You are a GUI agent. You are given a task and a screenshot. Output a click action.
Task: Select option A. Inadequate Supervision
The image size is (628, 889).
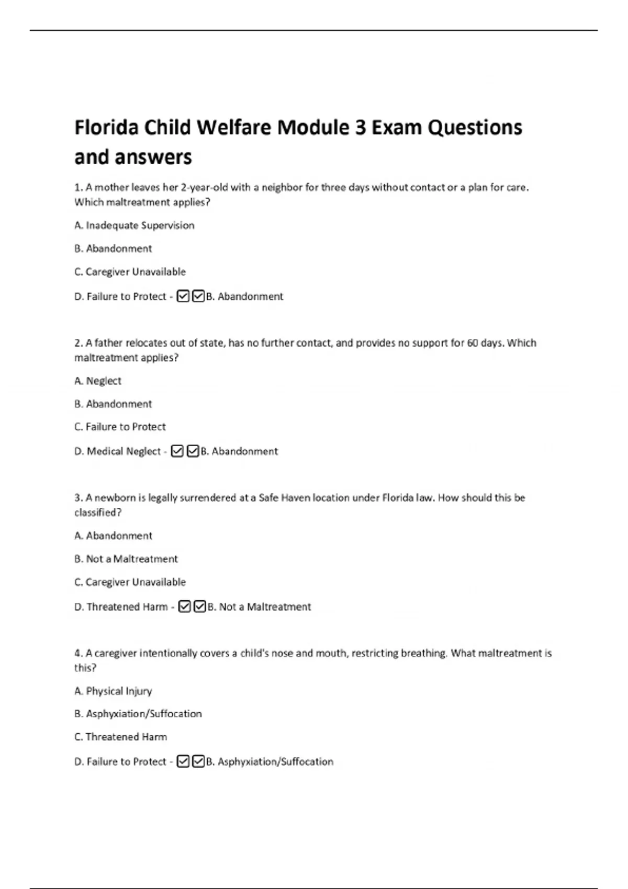pyautogui.click(x=134, y=225)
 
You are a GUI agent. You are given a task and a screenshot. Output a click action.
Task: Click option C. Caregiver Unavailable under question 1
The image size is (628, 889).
pyautogui.click(x=130, y=272)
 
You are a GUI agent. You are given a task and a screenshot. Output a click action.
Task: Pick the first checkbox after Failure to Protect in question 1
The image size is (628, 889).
pyautogui.click(x=183, y=297)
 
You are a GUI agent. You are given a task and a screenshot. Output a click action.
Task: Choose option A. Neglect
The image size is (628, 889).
pyautogui.click(x=98, y=381)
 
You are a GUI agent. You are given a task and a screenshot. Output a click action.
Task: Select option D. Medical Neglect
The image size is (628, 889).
pyautogui.click(x=118, y=451)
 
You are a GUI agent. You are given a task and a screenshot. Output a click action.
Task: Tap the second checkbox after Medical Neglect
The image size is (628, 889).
pyautogui.click(x=193, y=451)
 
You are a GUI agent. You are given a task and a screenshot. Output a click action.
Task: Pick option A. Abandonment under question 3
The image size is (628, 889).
pyautogui.click(x=113, y=536)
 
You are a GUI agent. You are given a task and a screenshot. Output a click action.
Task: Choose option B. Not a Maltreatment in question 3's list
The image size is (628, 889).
pyautogui.click(x=126, y=559)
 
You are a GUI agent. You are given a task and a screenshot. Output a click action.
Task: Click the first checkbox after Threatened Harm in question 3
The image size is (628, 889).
pyautogui.click(x=184, y=607)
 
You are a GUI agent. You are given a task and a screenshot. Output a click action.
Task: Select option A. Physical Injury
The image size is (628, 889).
pyautogui.click(x=113, y=691)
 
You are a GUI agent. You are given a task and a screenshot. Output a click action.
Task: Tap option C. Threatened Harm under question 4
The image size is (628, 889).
pyautogui.click(x=121, y=737)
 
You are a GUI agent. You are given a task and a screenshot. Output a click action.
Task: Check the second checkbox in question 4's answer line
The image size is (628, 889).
pyautogui.click(x=198, y=762)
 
